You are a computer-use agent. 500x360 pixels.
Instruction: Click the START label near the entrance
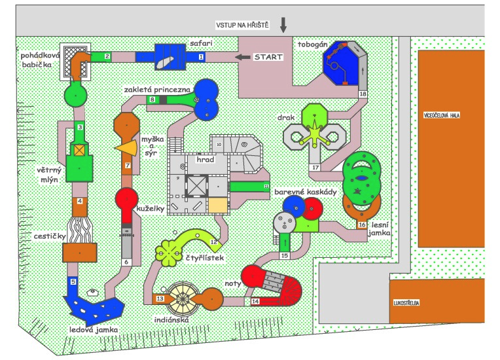[268, 57]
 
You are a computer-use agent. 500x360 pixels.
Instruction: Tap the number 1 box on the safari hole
[201, 58]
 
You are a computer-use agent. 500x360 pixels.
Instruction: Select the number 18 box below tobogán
[363, 94]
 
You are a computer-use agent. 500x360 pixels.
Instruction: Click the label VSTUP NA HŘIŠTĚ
[243, 26]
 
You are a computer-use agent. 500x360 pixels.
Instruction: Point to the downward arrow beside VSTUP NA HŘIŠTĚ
[283, 25]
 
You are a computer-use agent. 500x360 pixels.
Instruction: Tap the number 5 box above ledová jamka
[73, 281]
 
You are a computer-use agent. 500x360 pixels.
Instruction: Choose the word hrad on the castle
[196, 159]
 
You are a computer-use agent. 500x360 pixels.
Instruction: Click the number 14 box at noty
[255, 301]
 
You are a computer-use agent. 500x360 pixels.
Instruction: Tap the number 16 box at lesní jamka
[362, 225]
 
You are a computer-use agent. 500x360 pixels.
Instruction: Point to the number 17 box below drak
[315, 168]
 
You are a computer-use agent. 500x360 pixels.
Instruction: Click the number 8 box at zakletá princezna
[152, 99]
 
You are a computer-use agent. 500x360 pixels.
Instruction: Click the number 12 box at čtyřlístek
[213, 242]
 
